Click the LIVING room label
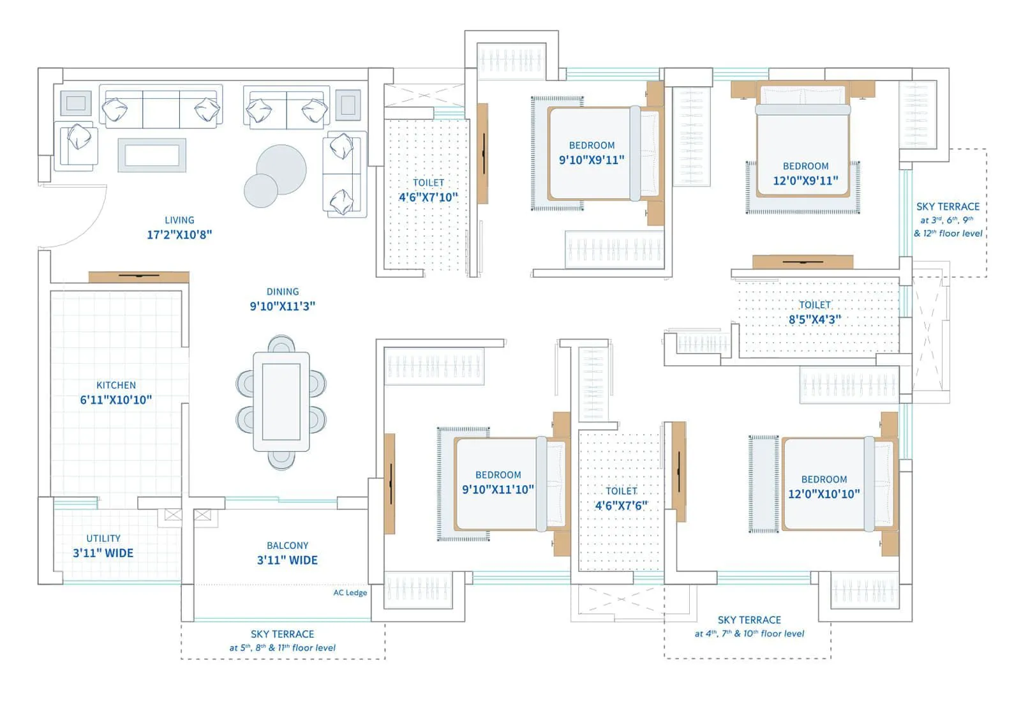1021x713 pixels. point(179,220)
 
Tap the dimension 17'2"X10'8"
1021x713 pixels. point(179,235)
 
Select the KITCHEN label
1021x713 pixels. point(116,385)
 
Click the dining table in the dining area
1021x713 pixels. point(281,402)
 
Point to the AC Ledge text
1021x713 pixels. point(350,592)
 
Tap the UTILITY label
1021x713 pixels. point(103,538)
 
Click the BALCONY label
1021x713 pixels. point(288,546)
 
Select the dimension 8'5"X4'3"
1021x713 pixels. point(815,320)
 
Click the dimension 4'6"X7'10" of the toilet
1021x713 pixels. point(428,197)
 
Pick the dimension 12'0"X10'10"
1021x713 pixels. point(824,493)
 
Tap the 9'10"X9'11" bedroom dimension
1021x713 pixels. point(592,160)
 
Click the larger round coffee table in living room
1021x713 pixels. point(281,169)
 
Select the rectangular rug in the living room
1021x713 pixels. point(152,156)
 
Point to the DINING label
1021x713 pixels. point(283,292)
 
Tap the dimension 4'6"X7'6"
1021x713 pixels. point(622,506)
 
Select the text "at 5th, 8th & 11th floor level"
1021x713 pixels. point(283,648)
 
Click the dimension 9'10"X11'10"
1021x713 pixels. point(498,490)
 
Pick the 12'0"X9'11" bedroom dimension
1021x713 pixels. point(805,181)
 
